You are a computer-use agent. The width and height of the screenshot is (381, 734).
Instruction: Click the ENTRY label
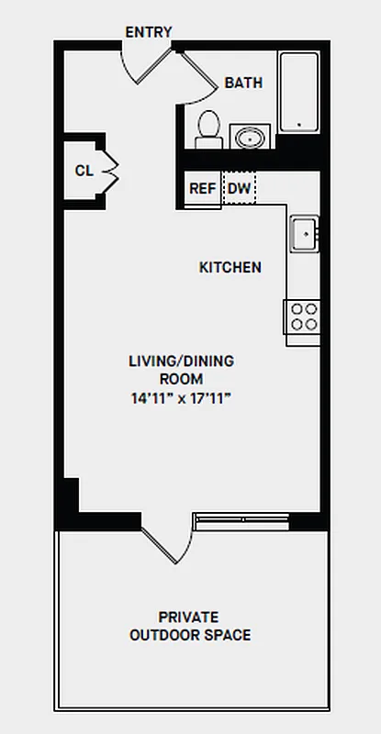149,32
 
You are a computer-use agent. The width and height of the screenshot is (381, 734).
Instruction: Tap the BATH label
243,83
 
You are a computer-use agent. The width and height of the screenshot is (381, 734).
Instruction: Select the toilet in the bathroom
208,128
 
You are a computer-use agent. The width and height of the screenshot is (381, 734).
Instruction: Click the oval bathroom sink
248,138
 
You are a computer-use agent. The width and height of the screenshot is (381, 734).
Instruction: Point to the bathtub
298,92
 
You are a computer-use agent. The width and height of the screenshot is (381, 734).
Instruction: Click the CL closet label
84,170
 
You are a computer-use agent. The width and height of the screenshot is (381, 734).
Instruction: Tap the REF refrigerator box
202,189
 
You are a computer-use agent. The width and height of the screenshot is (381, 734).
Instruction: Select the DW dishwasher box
240,189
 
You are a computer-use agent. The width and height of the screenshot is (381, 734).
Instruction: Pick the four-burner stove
304,317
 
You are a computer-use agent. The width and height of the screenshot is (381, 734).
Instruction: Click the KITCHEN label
230,268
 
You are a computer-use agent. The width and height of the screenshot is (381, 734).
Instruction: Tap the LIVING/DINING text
181,361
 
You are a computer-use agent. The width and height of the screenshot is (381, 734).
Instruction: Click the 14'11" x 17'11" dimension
181,398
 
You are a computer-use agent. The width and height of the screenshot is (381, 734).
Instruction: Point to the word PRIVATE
188,617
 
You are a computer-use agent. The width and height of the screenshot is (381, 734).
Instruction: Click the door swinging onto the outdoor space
166,541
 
